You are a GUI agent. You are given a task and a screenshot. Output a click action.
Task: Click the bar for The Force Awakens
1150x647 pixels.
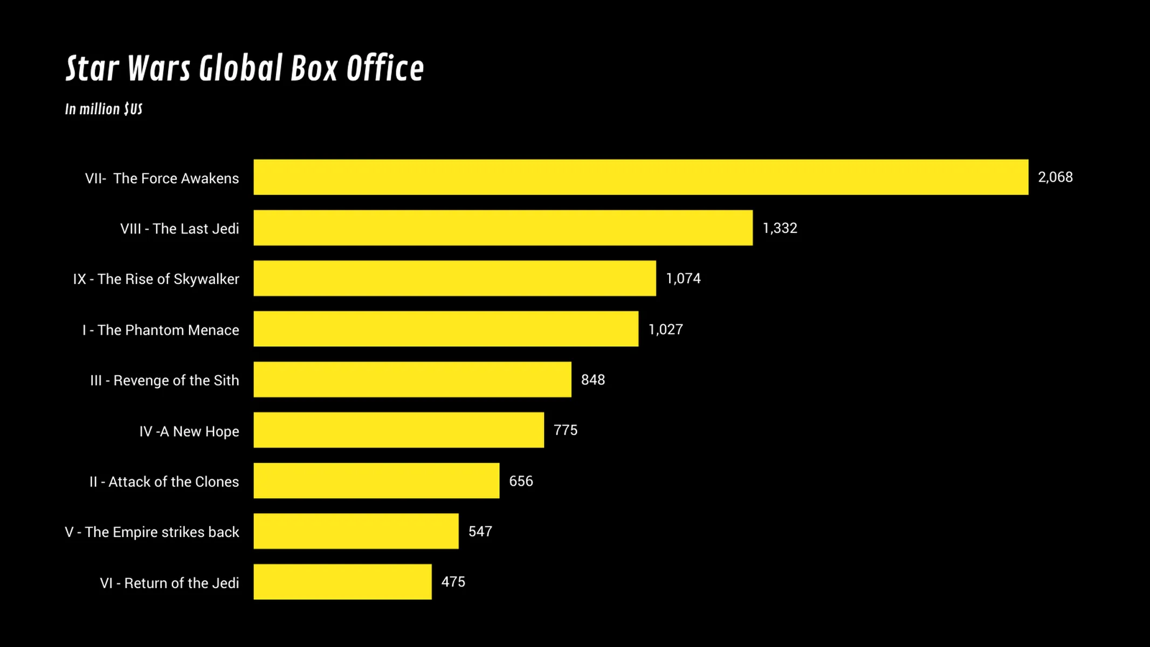(641, 177)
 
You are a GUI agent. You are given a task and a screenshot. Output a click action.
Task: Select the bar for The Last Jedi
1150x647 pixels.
(502, 228)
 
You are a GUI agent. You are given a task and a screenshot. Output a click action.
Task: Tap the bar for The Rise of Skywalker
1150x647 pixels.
(455, 278)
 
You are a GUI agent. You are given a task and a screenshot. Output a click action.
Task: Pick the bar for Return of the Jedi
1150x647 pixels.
(342, 582)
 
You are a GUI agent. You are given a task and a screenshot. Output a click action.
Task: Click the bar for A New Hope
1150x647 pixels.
(398, 430)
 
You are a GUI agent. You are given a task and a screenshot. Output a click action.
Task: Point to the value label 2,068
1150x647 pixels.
(1055, 177)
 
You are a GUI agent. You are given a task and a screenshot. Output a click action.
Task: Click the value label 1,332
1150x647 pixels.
(780, 228)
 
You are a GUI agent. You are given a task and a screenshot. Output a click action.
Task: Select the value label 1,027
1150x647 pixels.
(665, 329)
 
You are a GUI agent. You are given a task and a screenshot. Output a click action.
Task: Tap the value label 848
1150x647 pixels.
(593, 380)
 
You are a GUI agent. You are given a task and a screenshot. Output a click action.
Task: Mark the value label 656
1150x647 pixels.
(521, 481)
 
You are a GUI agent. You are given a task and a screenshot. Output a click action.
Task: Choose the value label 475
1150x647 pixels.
(453, 582)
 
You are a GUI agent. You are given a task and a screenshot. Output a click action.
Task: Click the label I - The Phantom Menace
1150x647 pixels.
(160, 330)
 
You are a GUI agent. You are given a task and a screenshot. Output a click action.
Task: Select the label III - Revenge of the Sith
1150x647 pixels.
(164, 381)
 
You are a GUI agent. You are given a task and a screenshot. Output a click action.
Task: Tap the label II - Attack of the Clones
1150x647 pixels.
(164, 481)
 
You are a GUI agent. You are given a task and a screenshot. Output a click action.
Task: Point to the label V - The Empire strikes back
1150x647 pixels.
(152, 532)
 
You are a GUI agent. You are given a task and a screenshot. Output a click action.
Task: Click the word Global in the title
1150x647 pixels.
(240, 68)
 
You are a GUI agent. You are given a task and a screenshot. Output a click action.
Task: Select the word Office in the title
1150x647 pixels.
(385, 68)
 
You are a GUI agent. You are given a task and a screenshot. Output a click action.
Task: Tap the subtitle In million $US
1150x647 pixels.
(104, 109)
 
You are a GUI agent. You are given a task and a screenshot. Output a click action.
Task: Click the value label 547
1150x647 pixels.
(480, 532)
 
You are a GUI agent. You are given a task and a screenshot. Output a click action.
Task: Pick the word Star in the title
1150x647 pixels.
(92, 68)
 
